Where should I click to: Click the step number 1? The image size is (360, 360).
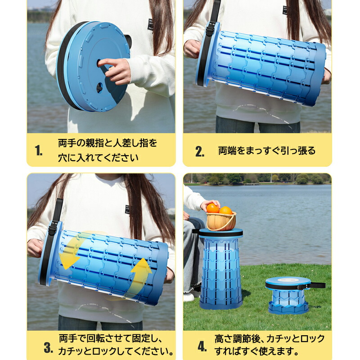pos(39,151)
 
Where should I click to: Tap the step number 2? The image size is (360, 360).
pos(200,151)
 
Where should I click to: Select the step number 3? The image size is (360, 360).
pos(48,347)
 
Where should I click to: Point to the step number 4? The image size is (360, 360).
pos(202,346)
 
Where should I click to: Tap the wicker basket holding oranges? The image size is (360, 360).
pos(221,221)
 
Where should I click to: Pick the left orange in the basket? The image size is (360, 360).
pos(212,208)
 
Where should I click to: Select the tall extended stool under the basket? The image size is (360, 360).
pos(221,269)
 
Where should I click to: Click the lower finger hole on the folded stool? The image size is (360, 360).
pos(99,88)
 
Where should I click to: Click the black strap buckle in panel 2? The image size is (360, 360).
pos(209,30)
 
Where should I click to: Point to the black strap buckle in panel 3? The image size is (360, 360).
pos(53,228)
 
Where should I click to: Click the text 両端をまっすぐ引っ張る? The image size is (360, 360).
pos(267,151)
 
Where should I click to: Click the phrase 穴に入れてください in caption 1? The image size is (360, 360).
pos(98,158)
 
